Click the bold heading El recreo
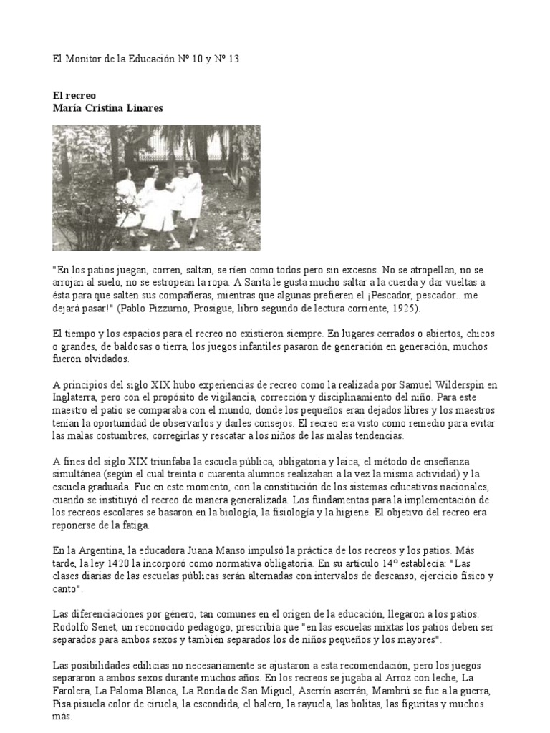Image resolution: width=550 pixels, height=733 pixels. tap(74, 94)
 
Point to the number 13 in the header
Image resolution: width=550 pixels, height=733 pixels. tap(233, 59)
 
